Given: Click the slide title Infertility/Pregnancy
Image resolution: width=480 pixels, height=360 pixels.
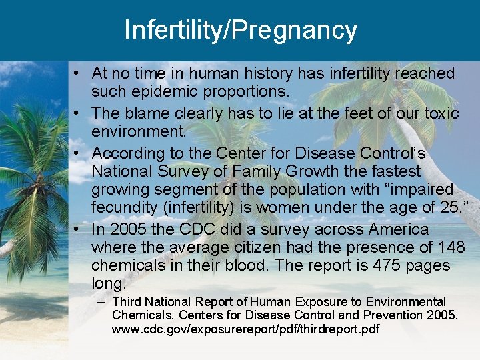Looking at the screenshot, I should point(240,30).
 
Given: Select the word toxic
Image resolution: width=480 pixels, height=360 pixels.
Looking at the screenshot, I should point(441,113).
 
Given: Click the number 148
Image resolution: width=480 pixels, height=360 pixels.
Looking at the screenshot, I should point(451,247).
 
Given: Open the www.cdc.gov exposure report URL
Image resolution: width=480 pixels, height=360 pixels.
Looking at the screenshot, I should point(246,329).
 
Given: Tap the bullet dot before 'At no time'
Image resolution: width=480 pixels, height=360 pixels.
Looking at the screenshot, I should point(78,73).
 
